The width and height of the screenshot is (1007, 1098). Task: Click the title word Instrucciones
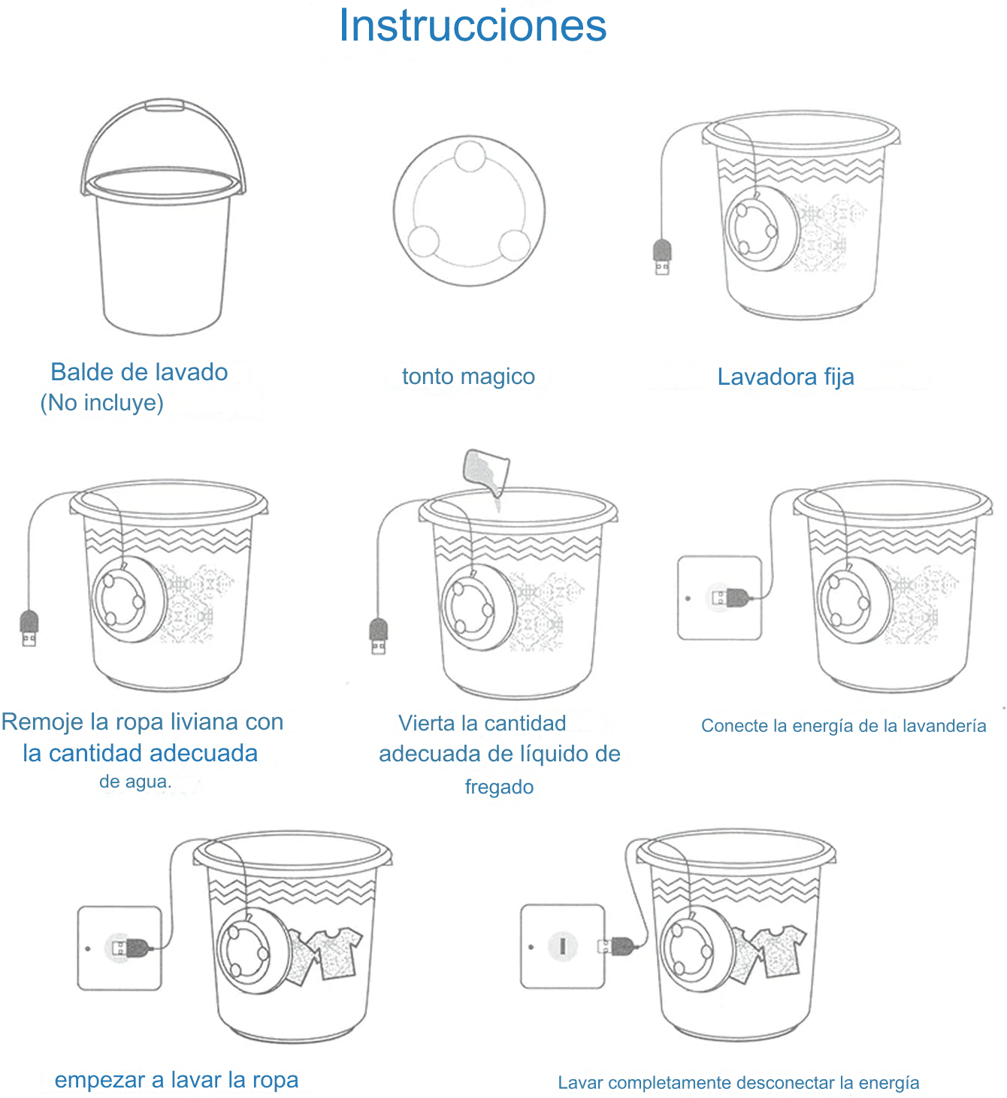pyautogui.click(x=473, y=26)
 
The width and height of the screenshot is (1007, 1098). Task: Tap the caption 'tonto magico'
pyautogui.click(x=468, y=377)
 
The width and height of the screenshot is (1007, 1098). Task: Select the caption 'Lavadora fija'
pyautogui.click(x=786, y=377)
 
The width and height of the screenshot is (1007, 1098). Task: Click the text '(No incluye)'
pyautogui.click(x=102, y=403)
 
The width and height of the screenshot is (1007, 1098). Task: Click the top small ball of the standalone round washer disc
pyautogui.click(x=470, y=156)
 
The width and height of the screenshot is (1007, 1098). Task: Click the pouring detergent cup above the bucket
pyautogui.click(x=485, y=471)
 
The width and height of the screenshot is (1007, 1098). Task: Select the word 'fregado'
pyautogui.click(x=499, y=787)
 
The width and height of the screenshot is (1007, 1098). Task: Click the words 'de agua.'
pyautogui.click(x=135, y=782)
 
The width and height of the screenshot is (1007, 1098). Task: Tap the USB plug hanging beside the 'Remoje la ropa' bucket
pyautogui.click(x=29, y=628)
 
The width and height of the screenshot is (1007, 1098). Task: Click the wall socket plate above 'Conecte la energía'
pyautogui.click(x=719, y=597)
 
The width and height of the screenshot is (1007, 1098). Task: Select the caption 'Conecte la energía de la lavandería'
pyautogui.click(x=843, y=726)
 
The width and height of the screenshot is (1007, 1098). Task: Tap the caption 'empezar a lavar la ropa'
pyautogui.click(x=177, y=1080)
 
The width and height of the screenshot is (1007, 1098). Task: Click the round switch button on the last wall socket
pyautogui.click(x=562, y=946)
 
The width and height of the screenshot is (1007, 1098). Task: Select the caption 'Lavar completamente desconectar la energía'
pyautogui.click(x=738, y=1083)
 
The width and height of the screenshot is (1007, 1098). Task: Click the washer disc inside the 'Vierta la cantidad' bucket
pyautogui.click(x=478, y=607)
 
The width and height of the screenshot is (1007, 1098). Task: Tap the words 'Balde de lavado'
pyautogui.click(x=139, y=372)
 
